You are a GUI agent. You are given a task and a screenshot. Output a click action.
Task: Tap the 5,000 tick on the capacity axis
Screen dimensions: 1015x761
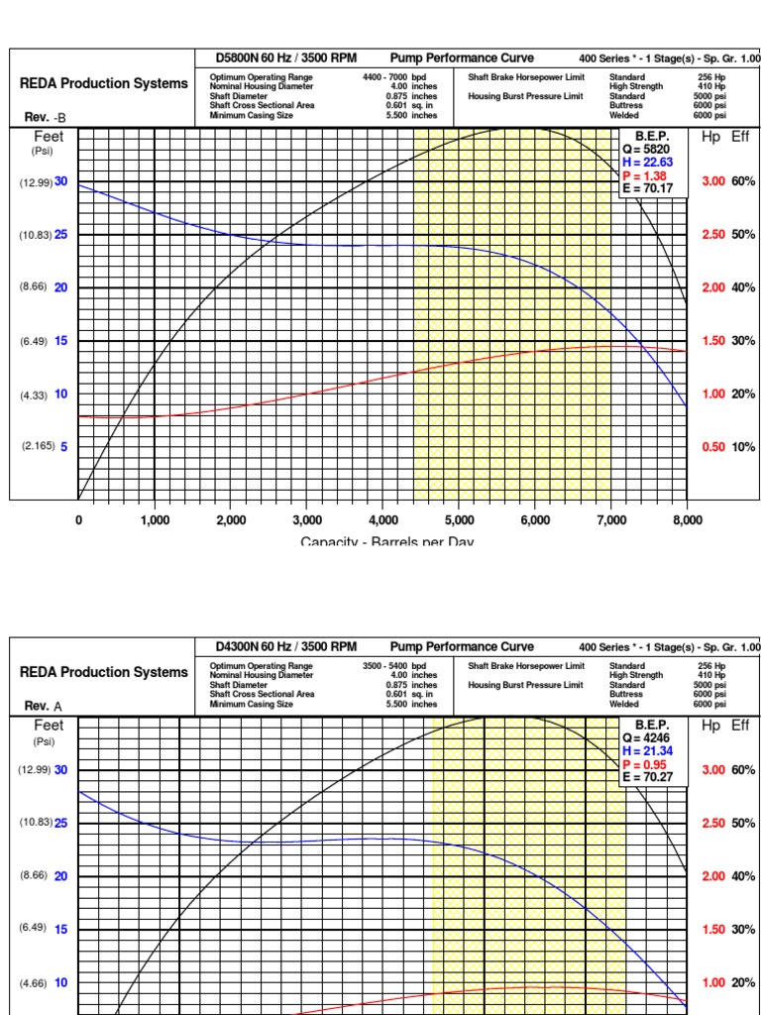pyautogui.click(x=459, y=519)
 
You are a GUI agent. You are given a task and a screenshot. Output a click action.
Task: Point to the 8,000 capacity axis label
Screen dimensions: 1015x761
pyautogui.click(x=687, y=519)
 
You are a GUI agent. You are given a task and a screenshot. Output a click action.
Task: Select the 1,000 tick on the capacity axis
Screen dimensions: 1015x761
pyautogui.click(x=155, y=519)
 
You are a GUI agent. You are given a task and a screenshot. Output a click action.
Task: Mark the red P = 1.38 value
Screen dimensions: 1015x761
pyautogui.click(x=645, y=175)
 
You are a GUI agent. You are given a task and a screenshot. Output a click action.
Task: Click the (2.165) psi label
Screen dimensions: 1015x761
pyautogui.click(x=38, y=447)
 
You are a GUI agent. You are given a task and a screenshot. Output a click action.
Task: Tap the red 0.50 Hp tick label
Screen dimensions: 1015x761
pyautogui.click(x=713, y=447)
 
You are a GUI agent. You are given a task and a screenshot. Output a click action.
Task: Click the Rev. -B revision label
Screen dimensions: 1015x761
pyautogui.click(x=45, y=117)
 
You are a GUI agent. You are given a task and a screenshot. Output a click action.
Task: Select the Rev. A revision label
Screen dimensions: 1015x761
pyautogui.click(x=44, y=706)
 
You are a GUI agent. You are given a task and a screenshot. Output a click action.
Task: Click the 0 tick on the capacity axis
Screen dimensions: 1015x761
pyautogui.click(x=78, y=519)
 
